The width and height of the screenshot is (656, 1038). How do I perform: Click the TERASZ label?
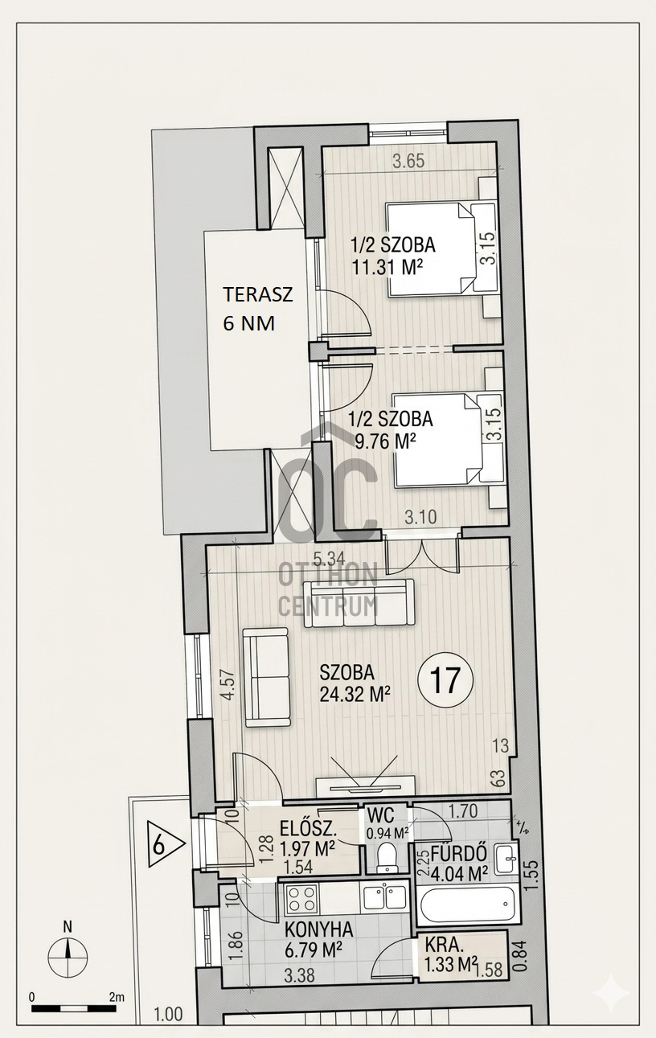click(258, 295)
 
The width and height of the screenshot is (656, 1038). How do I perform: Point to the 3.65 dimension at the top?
click(408, 162)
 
